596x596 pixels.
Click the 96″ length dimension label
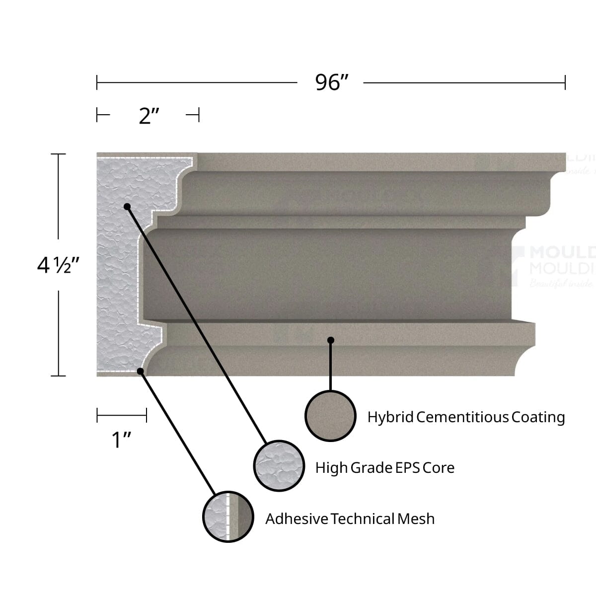[332, 82]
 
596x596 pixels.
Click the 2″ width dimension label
[149, 116]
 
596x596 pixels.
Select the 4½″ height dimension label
[59, 265]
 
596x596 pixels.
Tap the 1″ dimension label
[121, 440]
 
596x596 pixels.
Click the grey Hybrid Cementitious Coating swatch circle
[330, 416]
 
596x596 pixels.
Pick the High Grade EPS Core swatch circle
[279, 466]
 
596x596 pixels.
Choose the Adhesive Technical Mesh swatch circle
[228, 517]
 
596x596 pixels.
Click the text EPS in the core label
[407, 468]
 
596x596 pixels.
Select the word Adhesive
[297, 519]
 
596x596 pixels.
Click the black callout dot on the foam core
[127, 206]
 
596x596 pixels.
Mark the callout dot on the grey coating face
[331, 340]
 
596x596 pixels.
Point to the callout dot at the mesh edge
[141, 371]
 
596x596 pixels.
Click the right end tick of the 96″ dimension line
[565, 83]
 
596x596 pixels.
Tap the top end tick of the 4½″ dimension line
[59, 154]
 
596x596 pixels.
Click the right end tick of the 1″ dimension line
[147, 415]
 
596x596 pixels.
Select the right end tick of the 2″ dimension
[198, 116]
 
